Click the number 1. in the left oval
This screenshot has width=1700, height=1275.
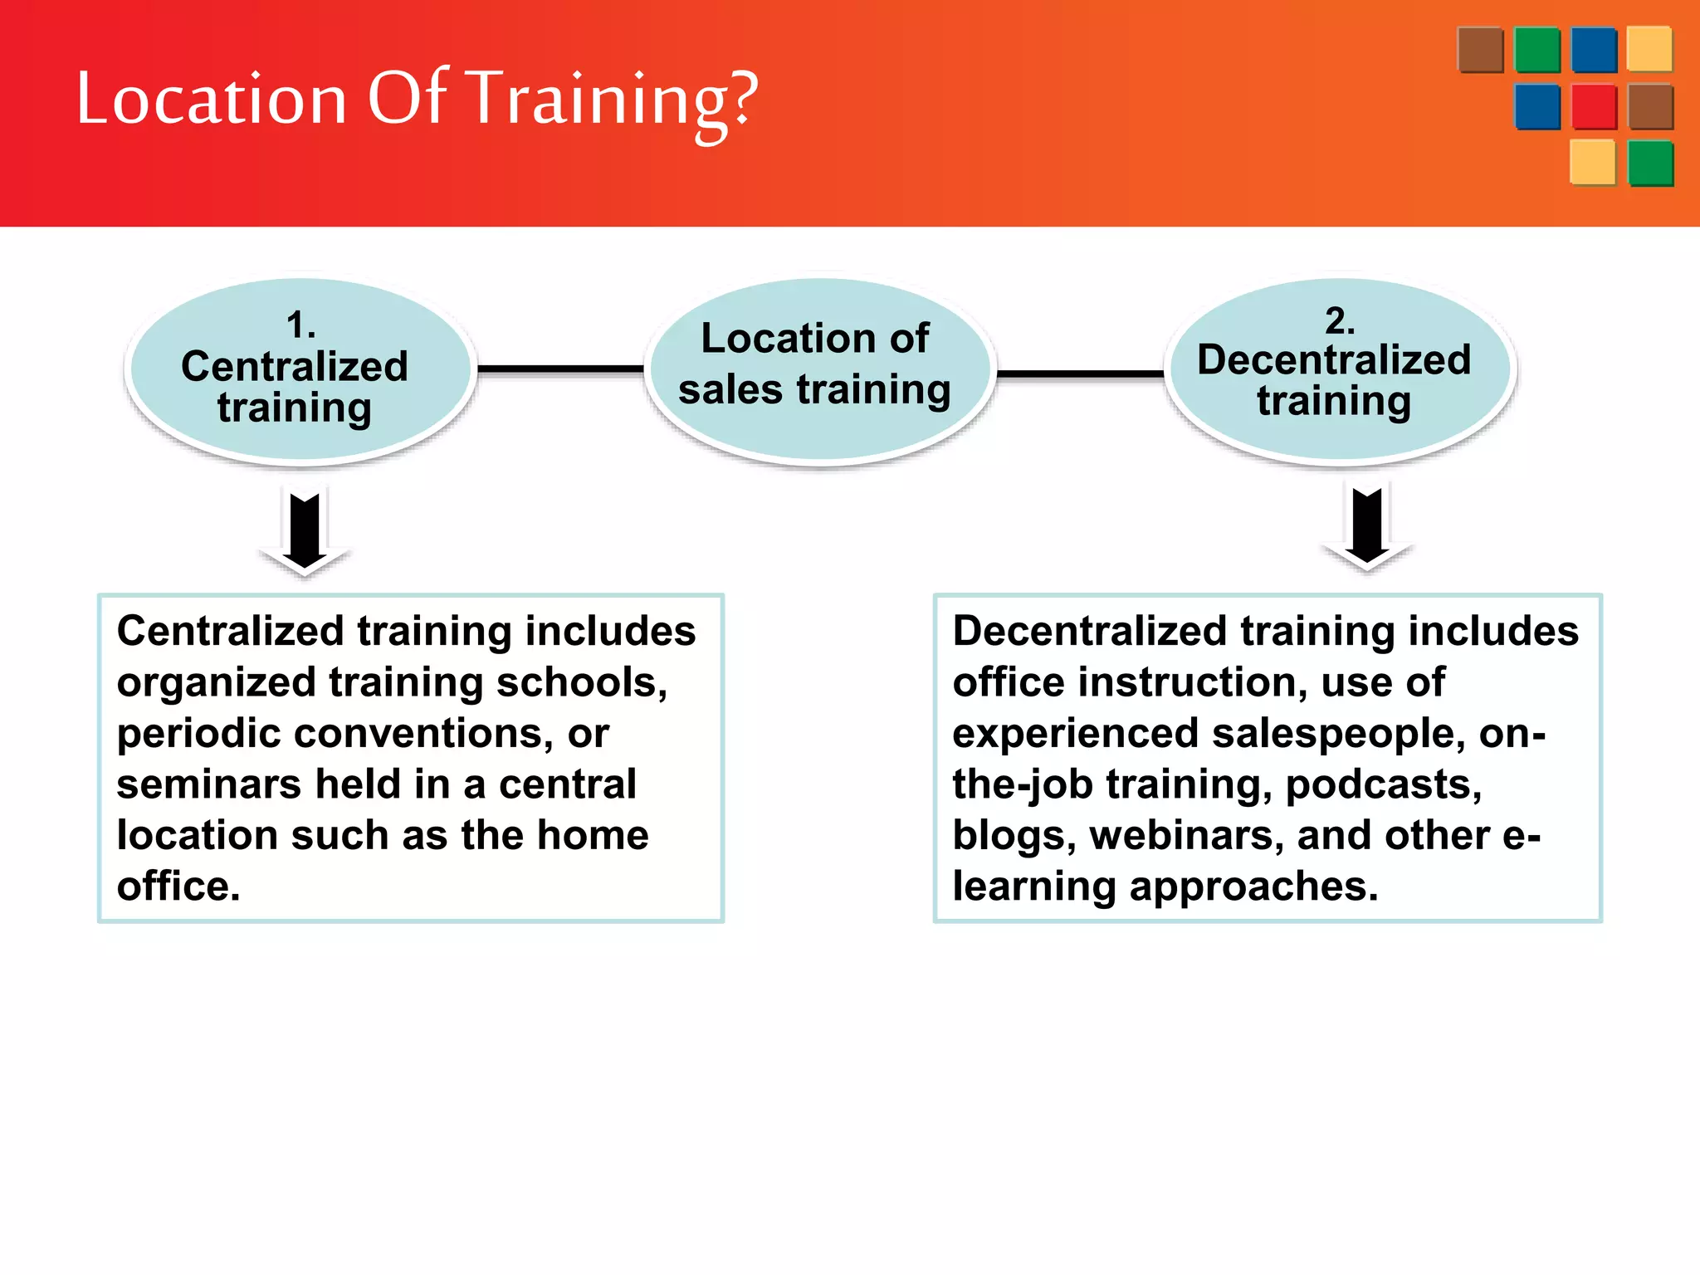point(300,325)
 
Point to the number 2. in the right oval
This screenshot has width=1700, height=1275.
point(1339,320)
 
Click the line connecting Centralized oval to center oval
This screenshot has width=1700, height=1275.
point(560,368)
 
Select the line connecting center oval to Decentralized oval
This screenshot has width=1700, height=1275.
point(1079,374)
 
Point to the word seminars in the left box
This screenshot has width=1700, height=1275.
point(209,784)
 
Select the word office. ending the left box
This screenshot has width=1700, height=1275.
point(178,887)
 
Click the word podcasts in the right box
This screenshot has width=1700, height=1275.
point(1382,785)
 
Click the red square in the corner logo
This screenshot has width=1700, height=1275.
point(1593,107)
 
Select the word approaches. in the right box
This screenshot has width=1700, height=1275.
point(1253,887)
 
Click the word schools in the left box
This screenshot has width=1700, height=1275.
point(581,683)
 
